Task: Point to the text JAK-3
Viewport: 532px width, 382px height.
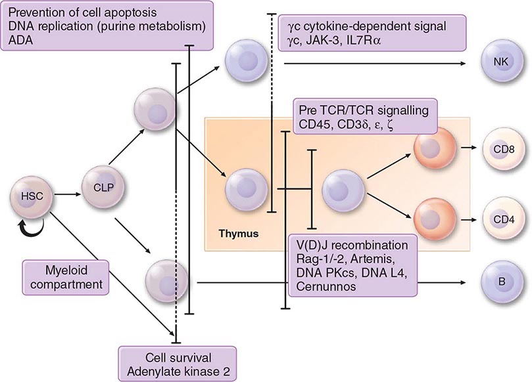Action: tap(327, 39)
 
